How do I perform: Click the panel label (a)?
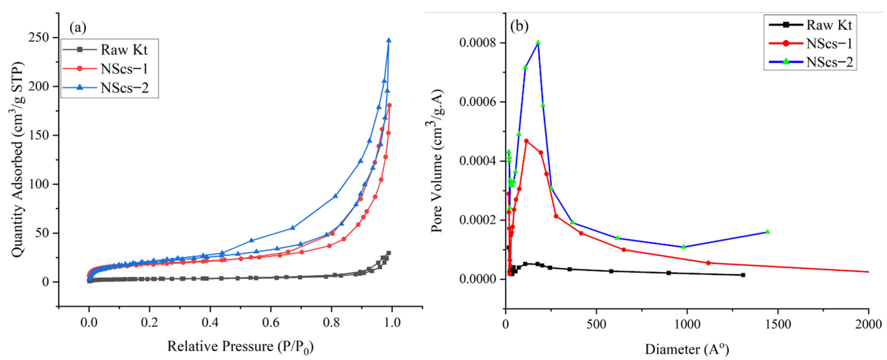(78, 28)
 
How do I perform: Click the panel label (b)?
(519, 26)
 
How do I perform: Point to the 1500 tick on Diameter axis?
(778, 324)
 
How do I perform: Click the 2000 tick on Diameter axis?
(868, 324)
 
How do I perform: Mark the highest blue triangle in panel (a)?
(389, 40)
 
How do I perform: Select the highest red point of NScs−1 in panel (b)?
(526, 141)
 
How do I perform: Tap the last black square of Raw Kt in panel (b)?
(743, 275)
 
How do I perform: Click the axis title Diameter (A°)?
(687, 349)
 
